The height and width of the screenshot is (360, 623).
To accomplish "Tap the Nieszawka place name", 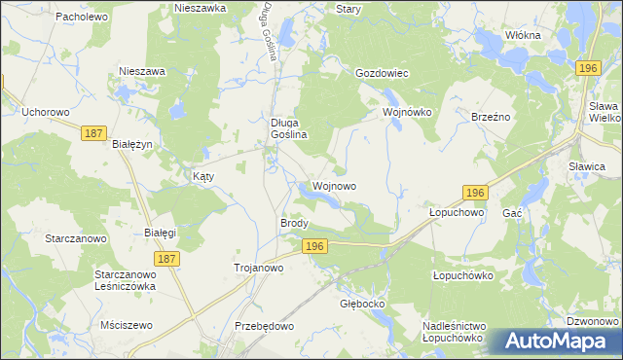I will pos(200,7).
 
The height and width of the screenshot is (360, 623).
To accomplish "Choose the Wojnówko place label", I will pos(406,112).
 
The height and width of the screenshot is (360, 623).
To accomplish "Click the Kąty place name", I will pos(202,177).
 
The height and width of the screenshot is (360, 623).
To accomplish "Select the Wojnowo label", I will pos(334,185).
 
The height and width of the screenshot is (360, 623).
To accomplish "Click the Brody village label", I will pos(294,223).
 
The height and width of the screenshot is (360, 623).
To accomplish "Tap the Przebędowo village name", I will pos(264,326).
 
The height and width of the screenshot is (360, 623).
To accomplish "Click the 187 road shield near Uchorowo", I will pos(93,133).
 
